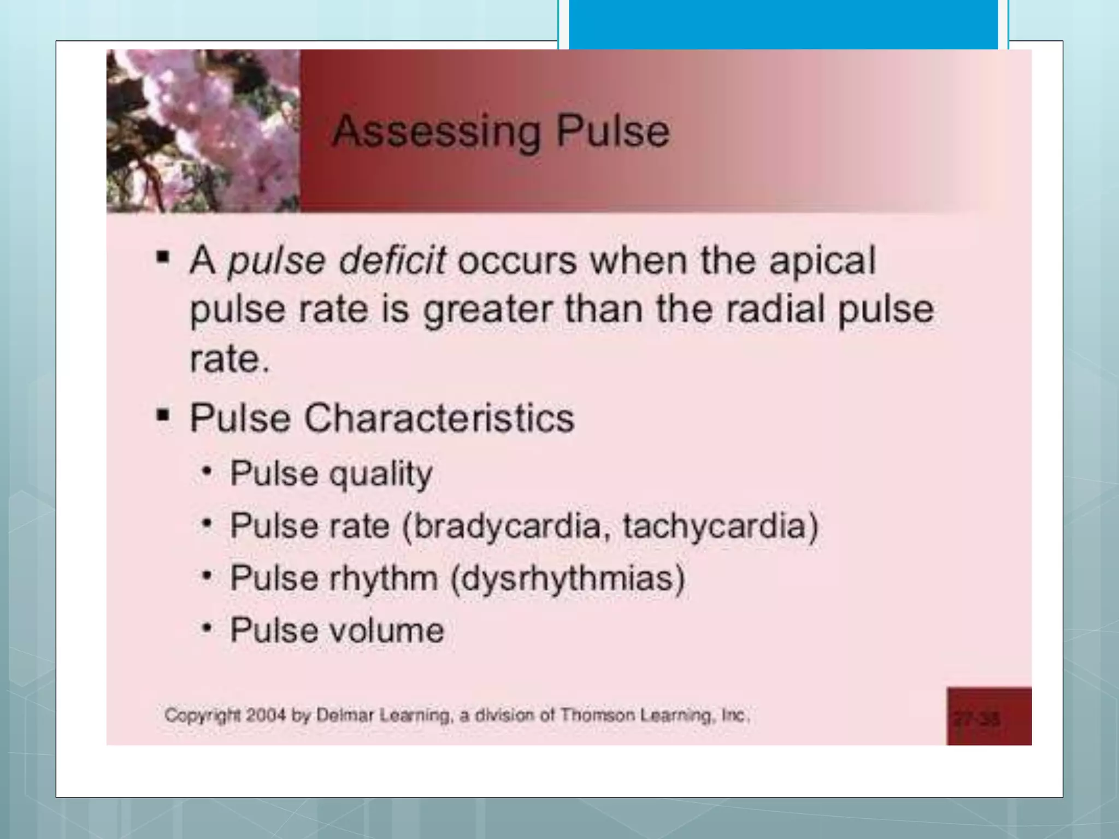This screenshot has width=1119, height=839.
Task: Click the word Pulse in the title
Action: (x=612, y=132)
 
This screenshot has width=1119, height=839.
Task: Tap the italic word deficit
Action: (x=392, y=261)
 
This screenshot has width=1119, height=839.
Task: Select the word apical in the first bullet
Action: (x=822, y=261)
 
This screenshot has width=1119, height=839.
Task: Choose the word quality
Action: (x=381, y=474)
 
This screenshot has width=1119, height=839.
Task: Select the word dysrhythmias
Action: (x=568, y=578)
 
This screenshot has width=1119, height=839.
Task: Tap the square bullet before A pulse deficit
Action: (x=163, y=257)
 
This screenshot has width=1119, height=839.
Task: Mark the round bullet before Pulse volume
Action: (x=207, y=628)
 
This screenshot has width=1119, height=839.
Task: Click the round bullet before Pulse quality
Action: (x=207, y=471)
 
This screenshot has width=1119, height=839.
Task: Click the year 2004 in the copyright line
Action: (x=266, y=715)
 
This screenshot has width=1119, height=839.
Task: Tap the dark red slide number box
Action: (x=988, y=716)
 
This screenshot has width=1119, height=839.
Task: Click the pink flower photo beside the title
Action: (x=203, y=131)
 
